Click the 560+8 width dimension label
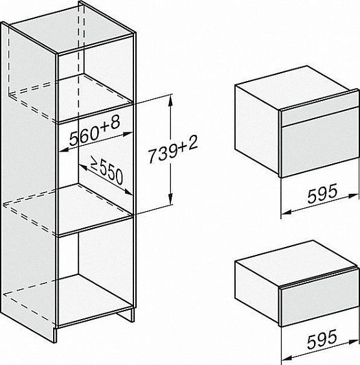(x=95, y=131)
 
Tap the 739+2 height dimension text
(x=173, y=149)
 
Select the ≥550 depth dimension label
(x=106, y=170)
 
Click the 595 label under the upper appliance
(x=322, y=193)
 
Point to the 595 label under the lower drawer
(x=322, y=339)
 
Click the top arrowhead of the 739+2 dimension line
(x=171, y=100)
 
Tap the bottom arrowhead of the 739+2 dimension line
(x=171, y=199)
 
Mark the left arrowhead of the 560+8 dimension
(x=63, y=150)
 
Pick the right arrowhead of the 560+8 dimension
(x=128, y=134)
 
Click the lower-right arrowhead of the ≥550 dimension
(x=128, y=193)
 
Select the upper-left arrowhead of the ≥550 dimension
(x=84, y=167)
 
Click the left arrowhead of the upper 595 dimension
(x=286, y=212)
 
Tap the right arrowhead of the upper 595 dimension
(x=354, y=196)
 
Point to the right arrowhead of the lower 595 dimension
(x=354, y=342)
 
